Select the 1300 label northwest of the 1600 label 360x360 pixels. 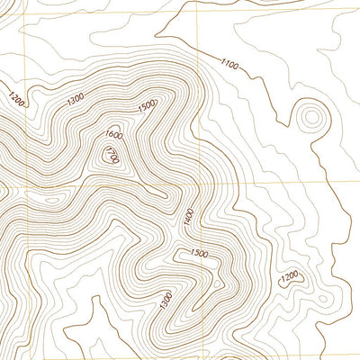pos(77,96)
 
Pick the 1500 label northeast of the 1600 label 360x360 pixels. pos(145,107)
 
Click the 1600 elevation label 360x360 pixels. pos(113,135)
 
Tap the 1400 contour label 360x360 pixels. pos(188,217)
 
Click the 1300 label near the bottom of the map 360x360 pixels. pos(166,301)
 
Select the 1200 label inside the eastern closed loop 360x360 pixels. pos(289,278)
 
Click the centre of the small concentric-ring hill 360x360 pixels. pos(311,116)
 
